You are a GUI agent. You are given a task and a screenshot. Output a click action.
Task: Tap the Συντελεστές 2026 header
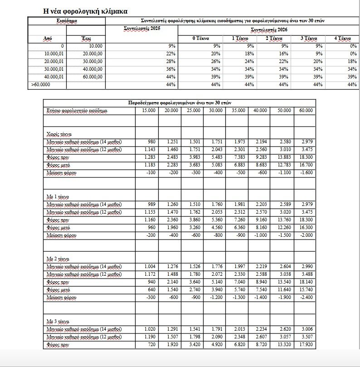269,29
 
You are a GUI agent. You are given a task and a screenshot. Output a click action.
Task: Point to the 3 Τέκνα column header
309,39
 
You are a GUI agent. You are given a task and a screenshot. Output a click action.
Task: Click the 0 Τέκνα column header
199,39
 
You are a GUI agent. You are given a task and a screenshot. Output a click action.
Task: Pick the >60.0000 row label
41,84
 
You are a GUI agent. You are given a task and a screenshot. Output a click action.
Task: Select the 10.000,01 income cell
54,54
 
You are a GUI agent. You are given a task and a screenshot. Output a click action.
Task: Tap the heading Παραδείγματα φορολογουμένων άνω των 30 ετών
180,103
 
